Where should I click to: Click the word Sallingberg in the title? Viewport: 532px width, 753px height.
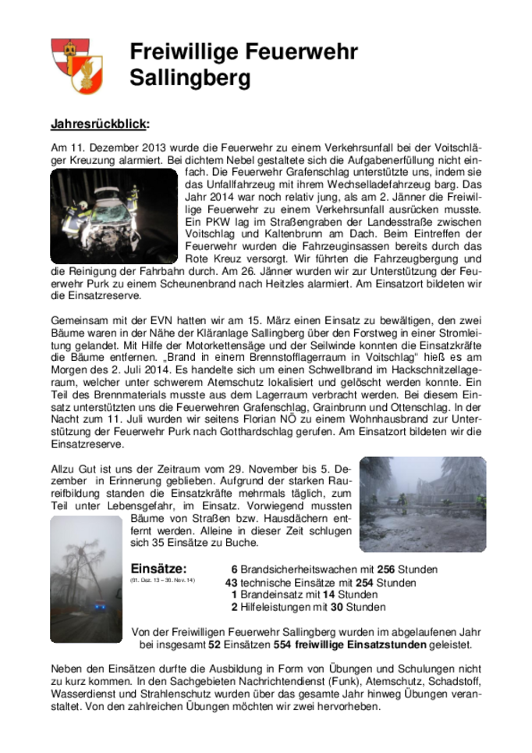190,78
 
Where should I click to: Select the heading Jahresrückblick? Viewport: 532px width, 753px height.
99,124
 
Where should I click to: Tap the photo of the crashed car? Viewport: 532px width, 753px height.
114,216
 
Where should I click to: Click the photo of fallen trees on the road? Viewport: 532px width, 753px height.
422,504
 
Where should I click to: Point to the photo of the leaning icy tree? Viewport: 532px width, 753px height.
87,579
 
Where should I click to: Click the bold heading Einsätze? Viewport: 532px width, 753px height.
158,569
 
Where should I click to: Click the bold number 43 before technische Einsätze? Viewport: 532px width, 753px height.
231,583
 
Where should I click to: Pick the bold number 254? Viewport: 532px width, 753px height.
364,583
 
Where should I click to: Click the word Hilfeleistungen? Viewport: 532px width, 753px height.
277,607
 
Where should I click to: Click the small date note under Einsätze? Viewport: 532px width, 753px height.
162,581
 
